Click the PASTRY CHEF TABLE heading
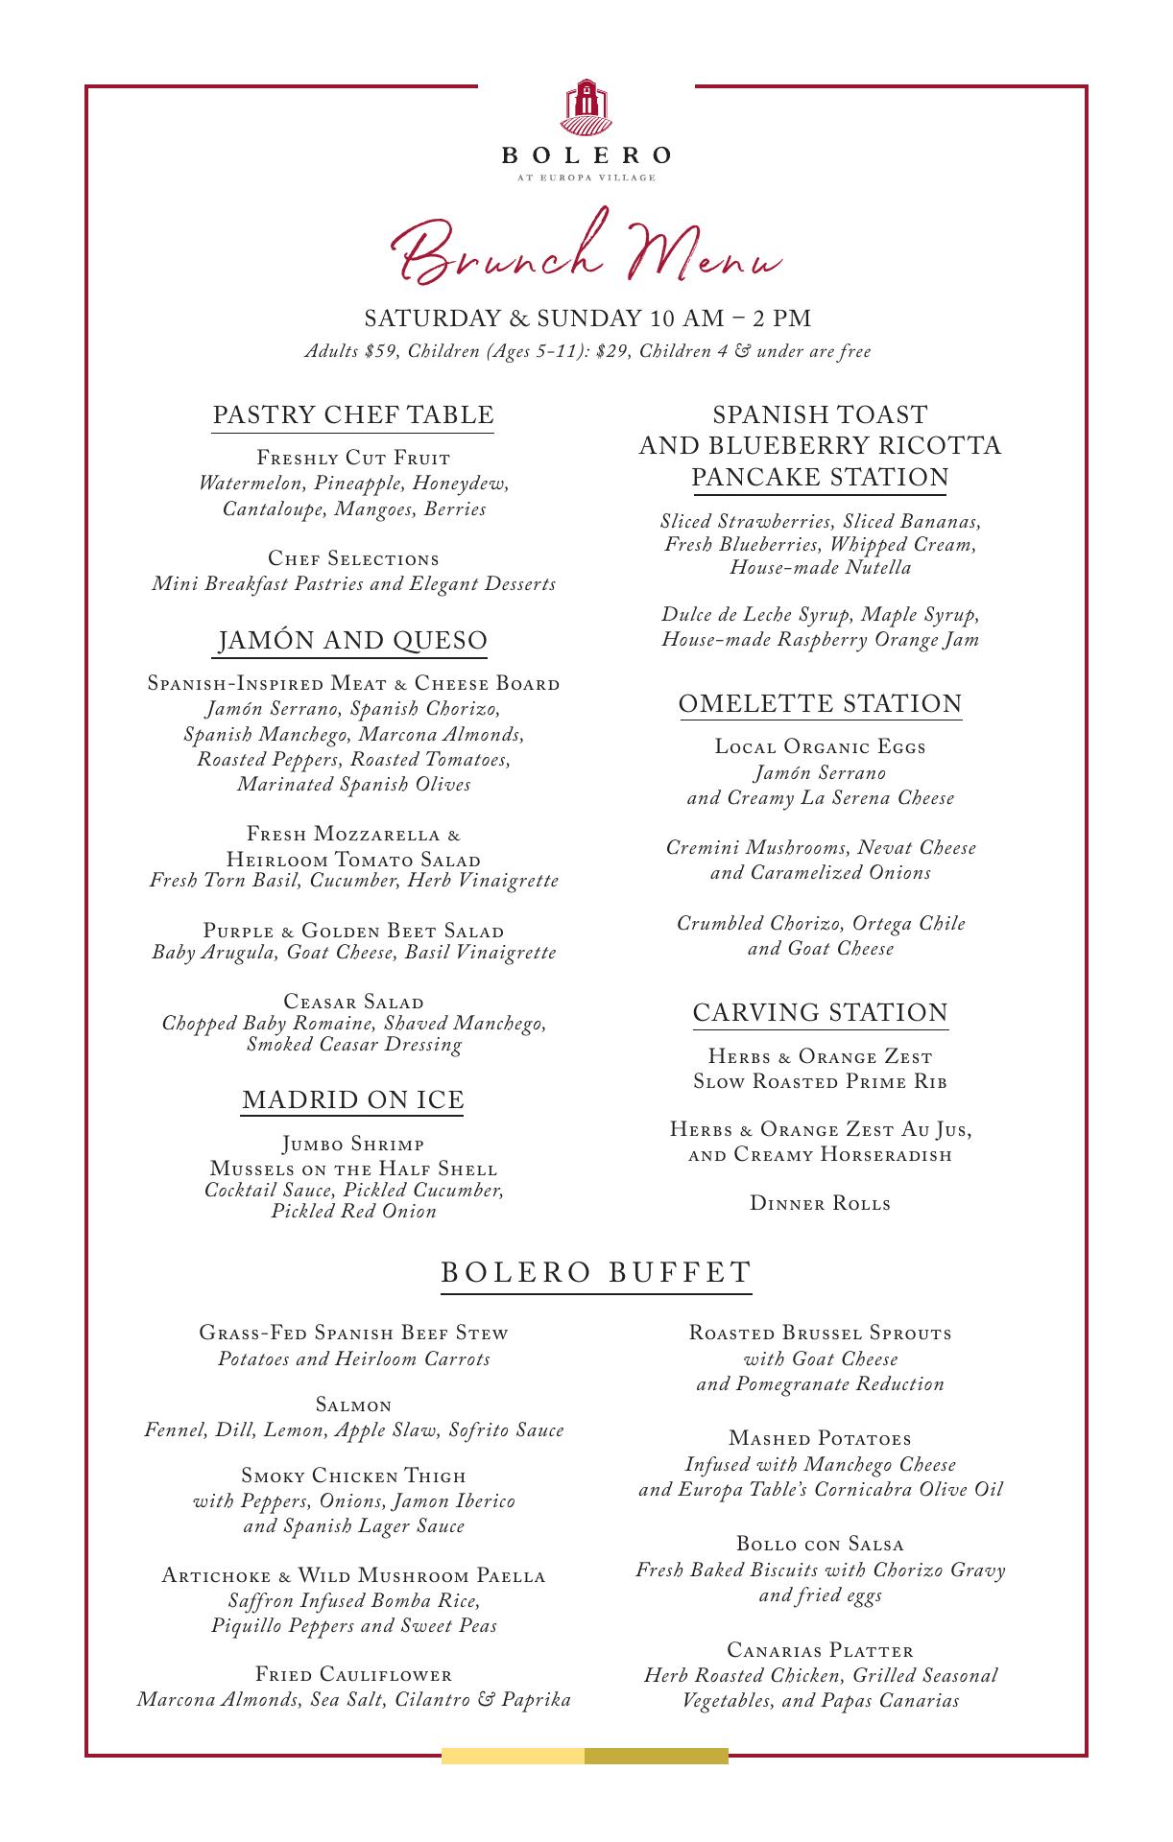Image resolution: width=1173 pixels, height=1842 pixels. pyautogui.click(x=352, y=414)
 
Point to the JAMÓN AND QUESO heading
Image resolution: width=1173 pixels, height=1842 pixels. pyautogui.click(x=352, y=640)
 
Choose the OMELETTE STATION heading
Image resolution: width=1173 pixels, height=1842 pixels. pyautogui.click(x=820, y=703)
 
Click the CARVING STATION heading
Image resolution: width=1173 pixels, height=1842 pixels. pyautogui.click(x=820, y=1012)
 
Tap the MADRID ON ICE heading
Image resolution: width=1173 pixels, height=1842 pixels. pyautogui.click(x=352, y=1099)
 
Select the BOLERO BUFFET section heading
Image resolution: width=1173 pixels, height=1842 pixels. pyautogui.click(x=595, y=1272)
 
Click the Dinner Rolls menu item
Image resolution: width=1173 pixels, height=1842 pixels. pyautogui.click(x=820, y=1203)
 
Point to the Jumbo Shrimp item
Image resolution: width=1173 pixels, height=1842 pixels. pyautogui.click(x=352, y=1145)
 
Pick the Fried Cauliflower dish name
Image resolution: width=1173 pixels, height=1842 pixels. pyautogui.click(x=352, y=1675)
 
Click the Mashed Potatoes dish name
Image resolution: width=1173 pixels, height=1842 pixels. pyautogui.click(x=820, y=1438)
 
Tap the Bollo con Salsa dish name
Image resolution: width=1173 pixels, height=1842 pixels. pyautogui.click(x=820, y=1544)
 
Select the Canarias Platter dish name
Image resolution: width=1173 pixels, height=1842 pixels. pyautogui.click(x=820, y=1650)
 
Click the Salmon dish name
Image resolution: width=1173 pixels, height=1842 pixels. pyautogui.click(x=352, y=1405)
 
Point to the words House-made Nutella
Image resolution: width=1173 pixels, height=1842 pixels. pyautogui.click(x=820, y=567)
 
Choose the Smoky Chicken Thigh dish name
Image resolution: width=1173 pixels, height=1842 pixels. pyautogui.click(x=352, y=1476)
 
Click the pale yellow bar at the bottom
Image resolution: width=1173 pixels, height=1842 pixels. pyautogui.click(x=513, y=1756)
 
